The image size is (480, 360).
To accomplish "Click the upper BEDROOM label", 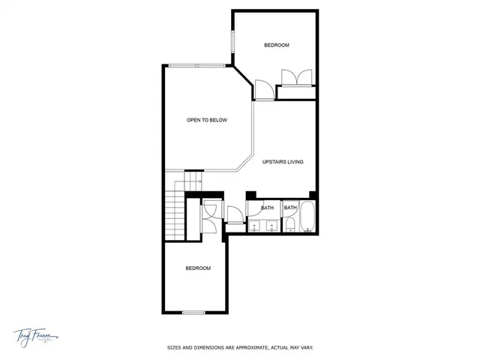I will (277, 46).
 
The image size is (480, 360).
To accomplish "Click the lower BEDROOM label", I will (198, 268).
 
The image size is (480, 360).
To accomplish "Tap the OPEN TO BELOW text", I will (207, 120).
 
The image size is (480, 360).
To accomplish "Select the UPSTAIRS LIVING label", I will (283, 161).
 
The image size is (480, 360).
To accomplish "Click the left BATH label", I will (267, 208).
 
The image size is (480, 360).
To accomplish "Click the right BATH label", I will (290, 208).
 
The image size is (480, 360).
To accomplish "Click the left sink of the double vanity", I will (255, 226).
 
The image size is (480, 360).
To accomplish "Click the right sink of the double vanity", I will (271, 226).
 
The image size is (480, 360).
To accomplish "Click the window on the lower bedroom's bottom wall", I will (193, 312).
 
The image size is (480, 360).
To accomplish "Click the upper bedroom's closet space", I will (296, 92).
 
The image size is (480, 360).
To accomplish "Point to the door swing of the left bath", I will (234, 213).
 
